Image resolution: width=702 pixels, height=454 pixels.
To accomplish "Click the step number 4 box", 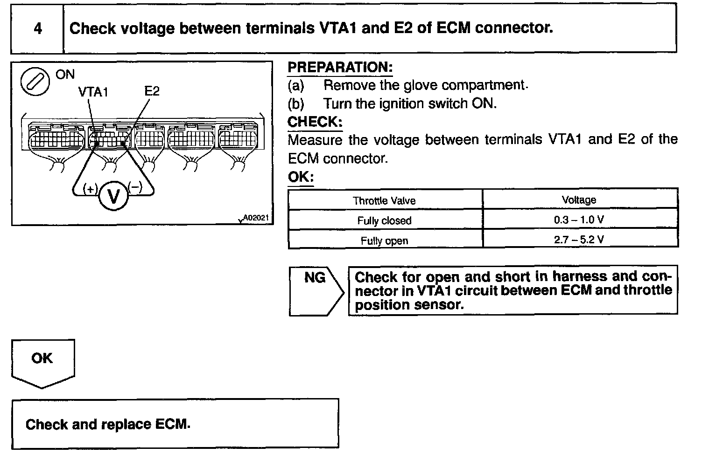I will coord(37,28).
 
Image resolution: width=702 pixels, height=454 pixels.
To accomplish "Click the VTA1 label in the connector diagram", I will coord(93,92).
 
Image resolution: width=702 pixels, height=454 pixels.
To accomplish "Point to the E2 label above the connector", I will coord(152,91).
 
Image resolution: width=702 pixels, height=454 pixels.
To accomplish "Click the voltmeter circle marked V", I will coord(113,196).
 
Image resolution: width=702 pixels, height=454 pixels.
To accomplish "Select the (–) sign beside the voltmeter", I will coord(135,187).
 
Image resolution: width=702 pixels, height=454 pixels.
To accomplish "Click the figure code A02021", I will coord(256,218).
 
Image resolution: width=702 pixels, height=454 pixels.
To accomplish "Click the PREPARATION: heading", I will coord(340,68).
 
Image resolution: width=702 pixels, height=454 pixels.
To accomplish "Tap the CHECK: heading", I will coord(315,122).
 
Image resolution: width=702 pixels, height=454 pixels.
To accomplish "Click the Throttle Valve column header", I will coord(384,200).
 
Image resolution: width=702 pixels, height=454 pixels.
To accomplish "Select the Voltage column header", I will coord(579,200).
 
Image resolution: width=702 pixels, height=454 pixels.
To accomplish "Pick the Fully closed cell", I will coord(384,220).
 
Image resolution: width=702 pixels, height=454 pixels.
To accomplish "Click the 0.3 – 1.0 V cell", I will coord(579,220).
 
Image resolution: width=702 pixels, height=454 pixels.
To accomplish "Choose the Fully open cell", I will coord(384,241).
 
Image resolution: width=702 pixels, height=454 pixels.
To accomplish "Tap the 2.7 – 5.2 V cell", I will coord(579,240).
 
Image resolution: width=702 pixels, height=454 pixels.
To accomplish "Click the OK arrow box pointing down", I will coord(42,361).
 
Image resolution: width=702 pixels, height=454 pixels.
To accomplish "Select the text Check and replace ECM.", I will coord(108,424).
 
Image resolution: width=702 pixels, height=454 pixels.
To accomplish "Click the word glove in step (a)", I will coord(421,85).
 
